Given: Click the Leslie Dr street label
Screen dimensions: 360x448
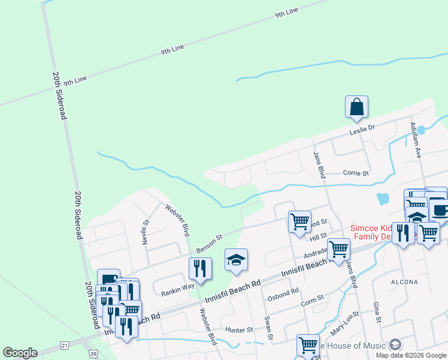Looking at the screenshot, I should pyautogui.click(x=362, y=128).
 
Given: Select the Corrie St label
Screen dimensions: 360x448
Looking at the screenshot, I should pyautogui.click(x=356, y=173).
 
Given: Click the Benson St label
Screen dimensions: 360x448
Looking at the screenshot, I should pyautogui.click(x=210, y=244).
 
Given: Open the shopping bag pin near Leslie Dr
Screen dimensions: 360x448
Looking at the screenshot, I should pyautogui.click(x=356, y=107).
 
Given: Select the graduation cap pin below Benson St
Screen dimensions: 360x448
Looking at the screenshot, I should pyautogui.click(x=236, y=260).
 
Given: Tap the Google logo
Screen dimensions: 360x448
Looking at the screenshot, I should pyautogui.click(x=20, y=353).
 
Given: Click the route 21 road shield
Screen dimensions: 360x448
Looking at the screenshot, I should pyautogui.click(x=64, y=345).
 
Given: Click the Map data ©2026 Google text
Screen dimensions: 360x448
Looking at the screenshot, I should pyautogui.click(x=411, y=355).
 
